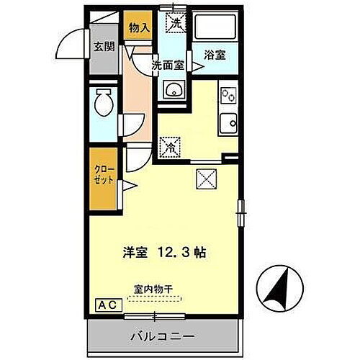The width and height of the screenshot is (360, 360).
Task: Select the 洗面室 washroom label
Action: pos(168,64)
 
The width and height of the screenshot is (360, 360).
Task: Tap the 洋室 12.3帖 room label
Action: pos(165,253)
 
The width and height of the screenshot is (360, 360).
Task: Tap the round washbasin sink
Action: pos(173,90)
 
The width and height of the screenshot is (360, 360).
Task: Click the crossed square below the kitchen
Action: pos(204,177)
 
